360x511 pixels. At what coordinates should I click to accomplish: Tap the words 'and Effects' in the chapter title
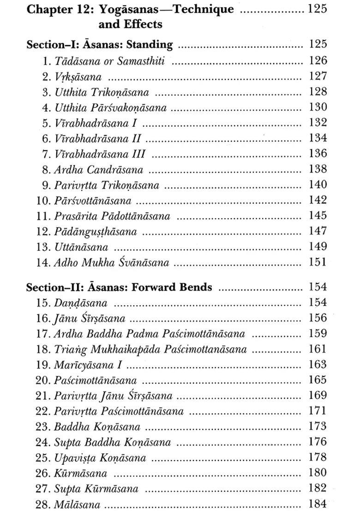[130, 24]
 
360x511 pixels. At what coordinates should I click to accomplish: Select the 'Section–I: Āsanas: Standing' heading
[99, 45]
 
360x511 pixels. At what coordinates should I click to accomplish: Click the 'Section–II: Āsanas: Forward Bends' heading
[119, 287]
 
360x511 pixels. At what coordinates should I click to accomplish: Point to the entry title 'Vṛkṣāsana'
[78, 77]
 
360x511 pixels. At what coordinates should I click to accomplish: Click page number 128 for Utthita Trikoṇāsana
[318, 91]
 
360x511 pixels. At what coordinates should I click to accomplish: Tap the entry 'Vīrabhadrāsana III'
[100, 154]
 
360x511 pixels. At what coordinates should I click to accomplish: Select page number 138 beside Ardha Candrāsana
[318, 169]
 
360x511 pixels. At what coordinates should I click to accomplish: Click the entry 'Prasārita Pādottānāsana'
[112, 216]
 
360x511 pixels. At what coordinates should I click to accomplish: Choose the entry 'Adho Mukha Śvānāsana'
[111, 263]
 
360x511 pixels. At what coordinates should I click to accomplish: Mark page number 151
[318, 262]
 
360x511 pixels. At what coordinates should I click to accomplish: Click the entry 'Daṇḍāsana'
[81, 303]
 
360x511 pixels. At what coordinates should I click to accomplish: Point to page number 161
[318, 349]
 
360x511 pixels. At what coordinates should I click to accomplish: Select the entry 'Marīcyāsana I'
[88, 365]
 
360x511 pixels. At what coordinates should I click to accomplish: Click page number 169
[318, 395]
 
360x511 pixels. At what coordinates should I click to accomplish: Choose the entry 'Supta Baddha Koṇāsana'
[112, 443]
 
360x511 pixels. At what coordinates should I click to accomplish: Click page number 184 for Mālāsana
[318, 504]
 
